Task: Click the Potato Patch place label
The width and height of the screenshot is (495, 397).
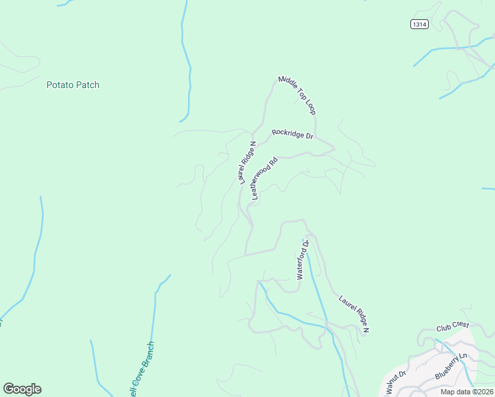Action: (73, 85)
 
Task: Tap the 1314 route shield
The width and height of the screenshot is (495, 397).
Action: (419, 24)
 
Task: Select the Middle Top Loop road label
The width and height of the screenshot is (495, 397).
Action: (296, 93)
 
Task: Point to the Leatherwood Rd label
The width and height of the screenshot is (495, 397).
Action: (264, 178)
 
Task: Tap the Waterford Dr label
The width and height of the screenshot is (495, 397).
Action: (303, 260)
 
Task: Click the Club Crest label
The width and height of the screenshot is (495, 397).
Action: (453, 326)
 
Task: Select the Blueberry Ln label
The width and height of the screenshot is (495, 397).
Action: (451, 366)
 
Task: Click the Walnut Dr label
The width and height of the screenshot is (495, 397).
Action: (396, 383)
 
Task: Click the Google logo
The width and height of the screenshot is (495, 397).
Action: (22, 389)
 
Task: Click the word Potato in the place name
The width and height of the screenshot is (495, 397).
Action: (60, 85)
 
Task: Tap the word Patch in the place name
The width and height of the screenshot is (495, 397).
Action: (87, 85)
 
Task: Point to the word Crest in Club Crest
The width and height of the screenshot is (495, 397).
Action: (461, 326)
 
